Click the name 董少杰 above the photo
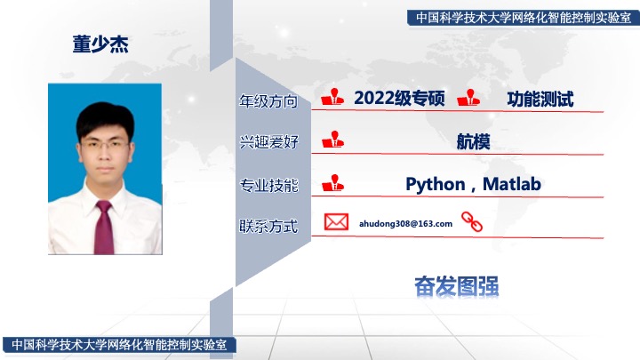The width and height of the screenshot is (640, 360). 100,44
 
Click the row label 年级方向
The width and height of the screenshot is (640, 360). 268,100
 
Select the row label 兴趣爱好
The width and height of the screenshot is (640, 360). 268,142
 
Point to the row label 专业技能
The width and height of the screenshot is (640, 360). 268,185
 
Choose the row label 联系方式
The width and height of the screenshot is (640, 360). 268,226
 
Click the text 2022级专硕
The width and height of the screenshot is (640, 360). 399,99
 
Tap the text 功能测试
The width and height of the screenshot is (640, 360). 540,100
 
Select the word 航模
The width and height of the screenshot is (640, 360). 473,141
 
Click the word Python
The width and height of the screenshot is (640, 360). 435,185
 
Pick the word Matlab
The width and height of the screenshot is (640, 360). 512,184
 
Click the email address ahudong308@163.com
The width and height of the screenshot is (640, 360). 405,224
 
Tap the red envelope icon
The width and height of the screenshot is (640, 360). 336,222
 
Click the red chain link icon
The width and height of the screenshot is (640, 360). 472,221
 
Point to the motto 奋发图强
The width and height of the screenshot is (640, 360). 456,286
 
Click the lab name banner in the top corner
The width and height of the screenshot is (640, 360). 524,18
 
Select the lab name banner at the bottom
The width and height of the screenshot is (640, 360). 119,345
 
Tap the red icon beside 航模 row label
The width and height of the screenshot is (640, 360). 332,140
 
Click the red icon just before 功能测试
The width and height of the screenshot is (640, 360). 468,98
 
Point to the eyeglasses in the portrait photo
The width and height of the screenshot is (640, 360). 105,145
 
